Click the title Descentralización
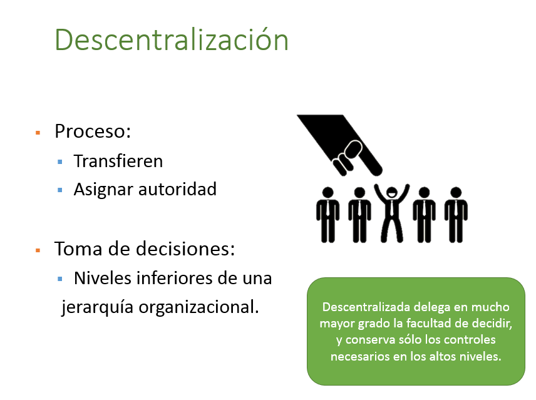172,39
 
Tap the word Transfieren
118,161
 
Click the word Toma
76,249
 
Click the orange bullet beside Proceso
38,133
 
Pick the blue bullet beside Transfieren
60,162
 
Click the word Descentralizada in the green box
361,308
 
